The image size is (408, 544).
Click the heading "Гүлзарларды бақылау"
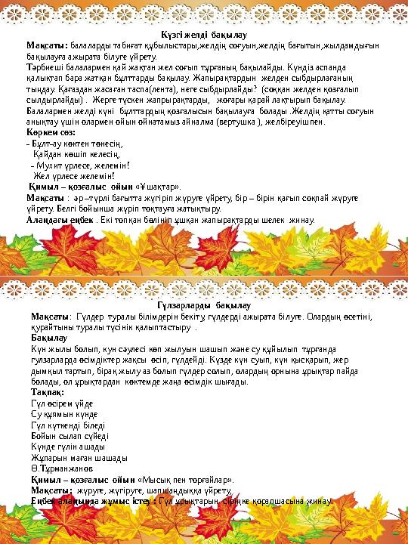203,304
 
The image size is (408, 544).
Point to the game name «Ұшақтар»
158,185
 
